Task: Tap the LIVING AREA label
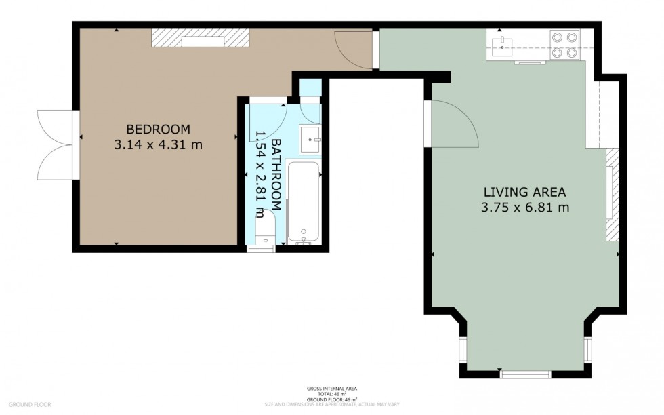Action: tap(524, 191)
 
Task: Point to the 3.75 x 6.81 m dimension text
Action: tap(524, 207)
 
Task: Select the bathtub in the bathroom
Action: tap(303, 201)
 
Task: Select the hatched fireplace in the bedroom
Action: tap(201, 39)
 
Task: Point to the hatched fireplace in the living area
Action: tap(612, 195)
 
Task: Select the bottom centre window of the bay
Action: tap(525, 374)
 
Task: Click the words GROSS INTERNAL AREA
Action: tap(332, 389)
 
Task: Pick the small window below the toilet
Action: tap(258, 249)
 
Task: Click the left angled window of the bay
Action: tap(463, 349)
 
